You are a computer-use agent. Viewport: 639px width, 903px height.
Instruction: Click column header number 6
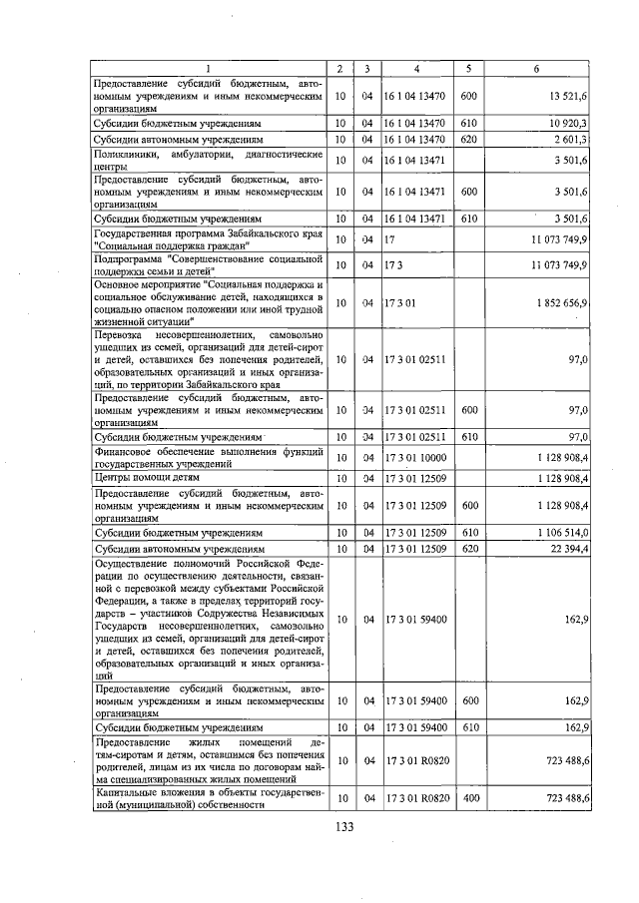[537, 69]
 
